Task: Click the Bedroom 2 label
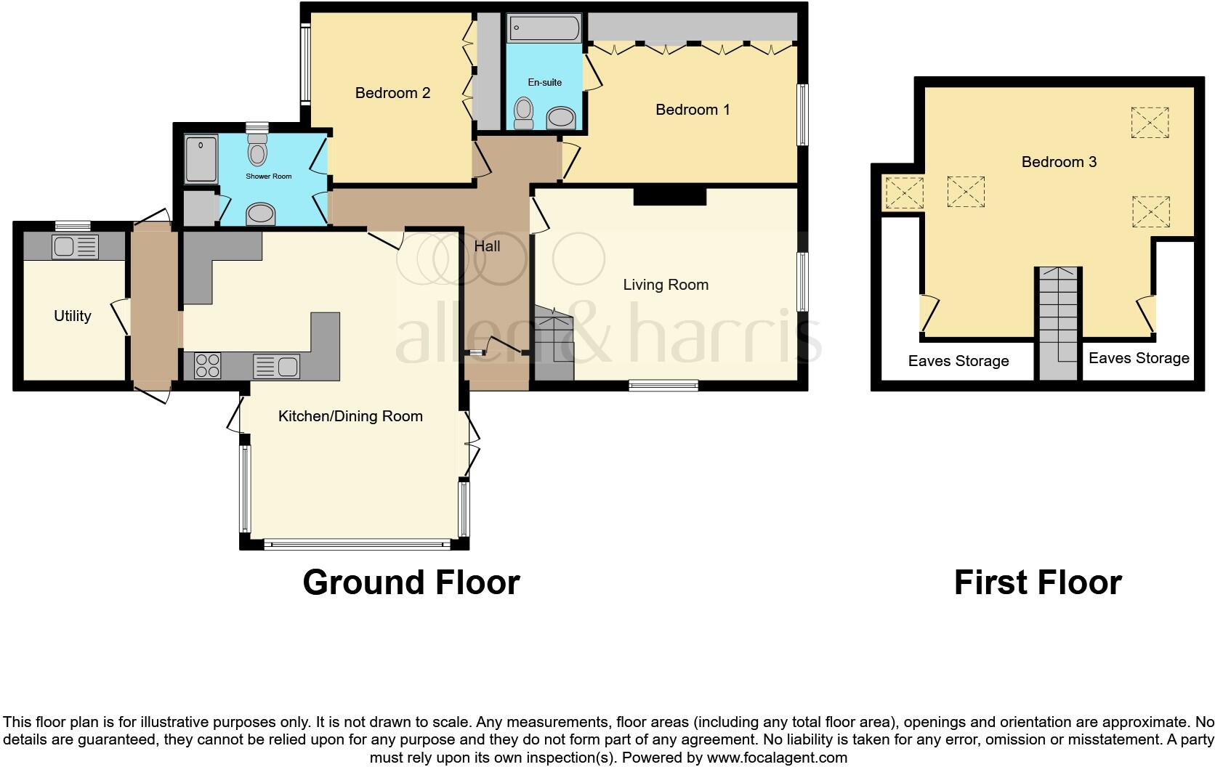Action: (392, 93)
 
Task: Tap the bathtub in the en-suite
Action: (545, 29)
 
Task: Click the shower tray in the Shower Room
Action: (201, 158)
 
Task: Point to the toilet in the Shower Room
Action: (257, 150)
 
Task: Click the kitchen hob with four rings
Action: (207, 365)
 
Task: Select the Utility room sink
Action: (75, 247)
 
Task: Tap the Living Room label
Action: (666, 285)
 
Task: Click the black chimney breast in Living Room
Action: (669, 196)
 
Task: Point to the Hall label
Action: (487, 246)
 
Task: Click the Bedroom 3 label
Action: (1059, 162)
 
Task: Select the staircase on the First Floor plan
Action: (1058, 320)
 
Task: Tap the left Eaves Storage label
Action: (958, 361)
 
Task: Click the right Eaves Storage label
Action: (1139, 358)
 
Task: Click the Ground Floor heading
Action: (411, 583)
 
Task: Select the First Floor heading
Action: (1037, 583)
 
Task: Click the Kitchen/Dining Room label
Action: (350, 416)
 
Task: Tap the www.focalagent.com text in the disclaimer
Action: (777, 758)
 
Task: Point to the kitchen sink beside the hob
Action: (276, 366)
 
